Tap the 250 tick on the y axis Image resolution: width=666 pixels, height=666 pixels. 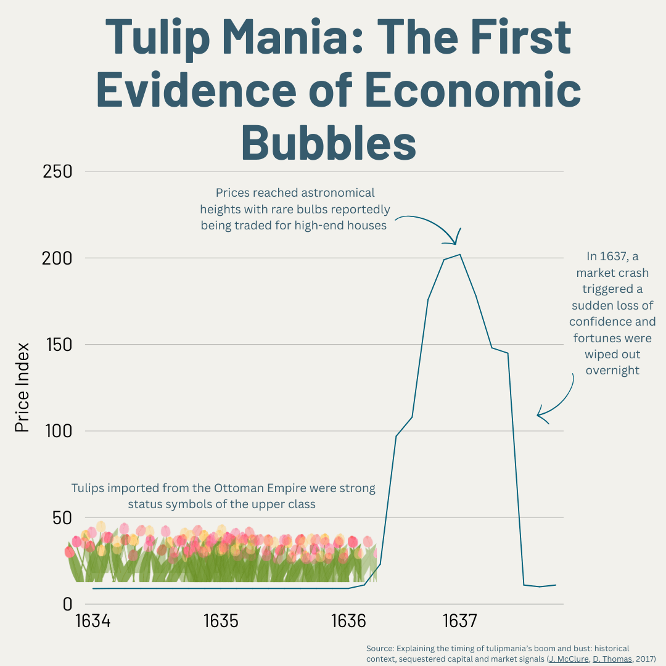pyautogui.click(x=57, y=171)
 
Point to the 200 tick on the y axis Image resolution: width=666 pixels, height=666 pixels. pyautogui.click(x=57, y=258)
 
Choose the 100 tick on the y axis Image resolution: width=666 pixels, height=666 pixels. pyautogui.click(x=57, y=430)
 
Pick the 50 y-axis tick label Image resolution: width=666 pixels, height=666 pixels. pyautogui.click(x=61, y=517)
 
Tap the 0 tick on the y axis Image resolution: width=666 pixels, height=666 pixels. pyautogui.click(x=68, y=604)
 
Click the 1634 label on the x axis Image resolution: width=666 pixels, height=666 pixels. pyautogui.click(x=92, y=621)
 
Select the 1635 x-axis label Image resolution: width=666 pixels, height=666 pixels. pyautogui.click(x=221, y=621)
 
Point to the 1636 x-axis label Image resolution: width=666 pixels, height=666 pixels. pyautogui.click(x=348, y=621)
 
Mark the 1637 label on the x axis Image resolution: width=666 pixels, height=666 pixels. pyautogui.click(x=459, y=621)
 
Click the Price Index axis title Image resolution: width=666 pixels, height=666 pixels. pyautogui.click(x=22, y=387)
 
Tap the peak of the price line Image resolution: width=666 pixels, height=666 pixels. pyautogui.click(x=459, y=254)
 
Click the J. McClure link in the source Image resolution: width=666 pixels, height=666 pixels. pyautogui.click(x=569, y=659)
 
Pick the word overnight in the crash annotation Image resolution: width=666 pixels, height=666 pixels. pyautogui.click(x=612, y=371)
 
